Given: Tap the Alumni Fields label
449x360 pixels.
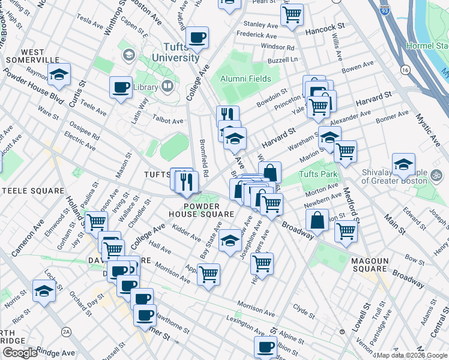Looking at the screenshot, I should [246, 79].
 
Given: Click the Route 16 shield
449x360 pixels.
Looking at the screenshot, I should [406, 71].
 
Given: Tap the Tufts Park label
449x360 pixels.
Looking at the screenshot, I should [318, 175].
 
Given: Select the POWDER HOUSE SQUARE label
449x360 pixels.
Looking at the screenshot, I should [209, 209].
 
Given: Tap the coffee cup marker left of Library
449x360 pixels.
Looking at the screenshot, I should [121, 88].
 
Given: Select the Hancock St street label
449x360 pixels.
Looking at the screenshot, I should [325, 28].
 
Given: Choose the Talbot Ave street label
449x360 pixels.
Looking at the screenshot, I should [169, 121].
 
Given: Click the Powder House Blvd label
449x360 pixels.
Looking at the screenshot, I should [32, 86].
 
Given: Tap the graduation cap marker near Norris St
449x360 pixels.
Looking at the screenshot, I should [44, 292].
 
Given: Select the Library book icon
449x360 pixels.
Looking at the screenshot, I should [168, 88].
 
